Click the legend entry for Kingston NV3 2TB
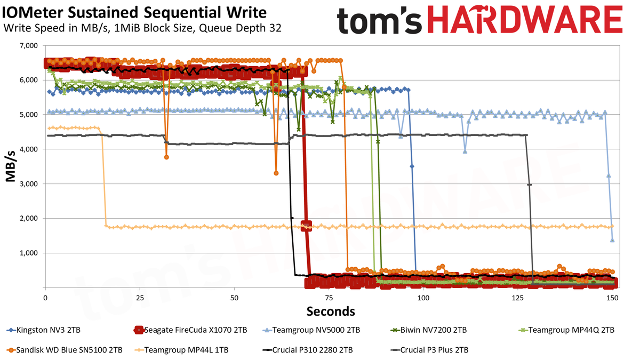(43, 330)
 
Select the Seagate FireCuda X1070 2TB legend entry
(190, 330)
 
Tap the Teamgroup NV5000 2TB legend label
(311, 330)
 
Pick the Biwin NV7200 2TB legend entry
(429, 330)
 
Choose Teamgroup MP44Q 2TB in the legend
(566, 330)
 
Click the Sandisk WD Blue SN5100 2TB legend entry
(65, 350)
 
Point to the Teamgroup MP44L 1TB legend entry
(182, 350)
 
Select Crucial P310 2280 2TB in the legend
(307, 350)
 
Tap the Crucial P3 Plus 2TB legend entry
(429, 350)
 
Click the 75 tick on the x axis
(329, 298)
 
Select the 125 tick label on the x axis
(518, 298)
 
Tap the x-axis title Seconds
(331, 311)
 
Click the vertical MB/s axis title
(10, 166)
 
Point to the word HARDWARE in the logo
(525, 19)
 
